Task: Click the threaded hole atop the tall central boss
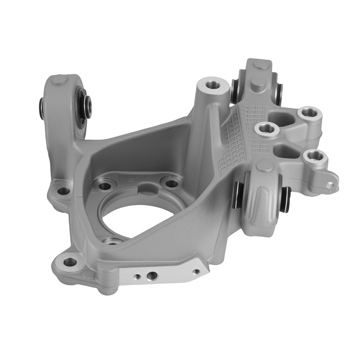pyautogui.click(x=214, y=85)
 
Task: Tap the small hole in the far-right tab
pyautogui.click(x=329, y=185)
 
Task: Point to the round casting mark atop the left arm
pyautogui.click(x=58, y=80)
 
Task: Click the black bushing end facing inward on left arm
pyautogui.click(x=85, y=105)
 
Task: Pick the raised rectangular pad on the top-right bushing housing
pyautogui.click(x=258, y=85)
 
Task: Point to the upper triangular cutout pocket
pyautogui.click(x=280, y=118)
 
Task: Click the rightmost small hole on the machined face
pyautogui.click(x=196, y=271)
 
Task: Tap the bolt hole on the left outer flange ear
pyautogui.click(x=63, y=191)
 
